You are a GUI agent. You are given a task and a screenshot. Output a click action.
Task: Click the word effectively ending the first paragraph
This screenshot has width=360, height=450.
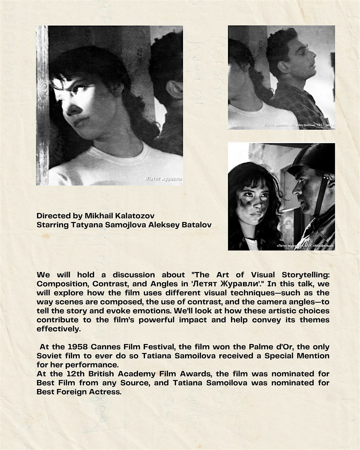[59, 329]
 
